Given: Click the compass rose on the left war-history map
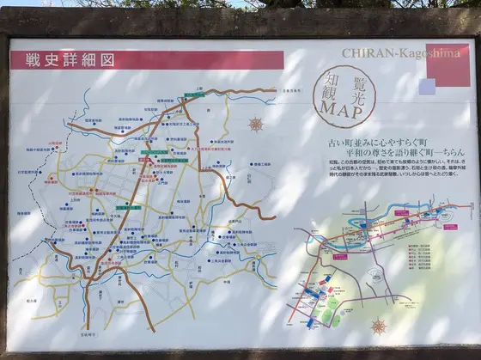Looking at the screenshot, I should [x=255, y=124].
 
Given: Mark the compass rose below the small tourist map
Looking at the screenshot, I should [x=378, y=326].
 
